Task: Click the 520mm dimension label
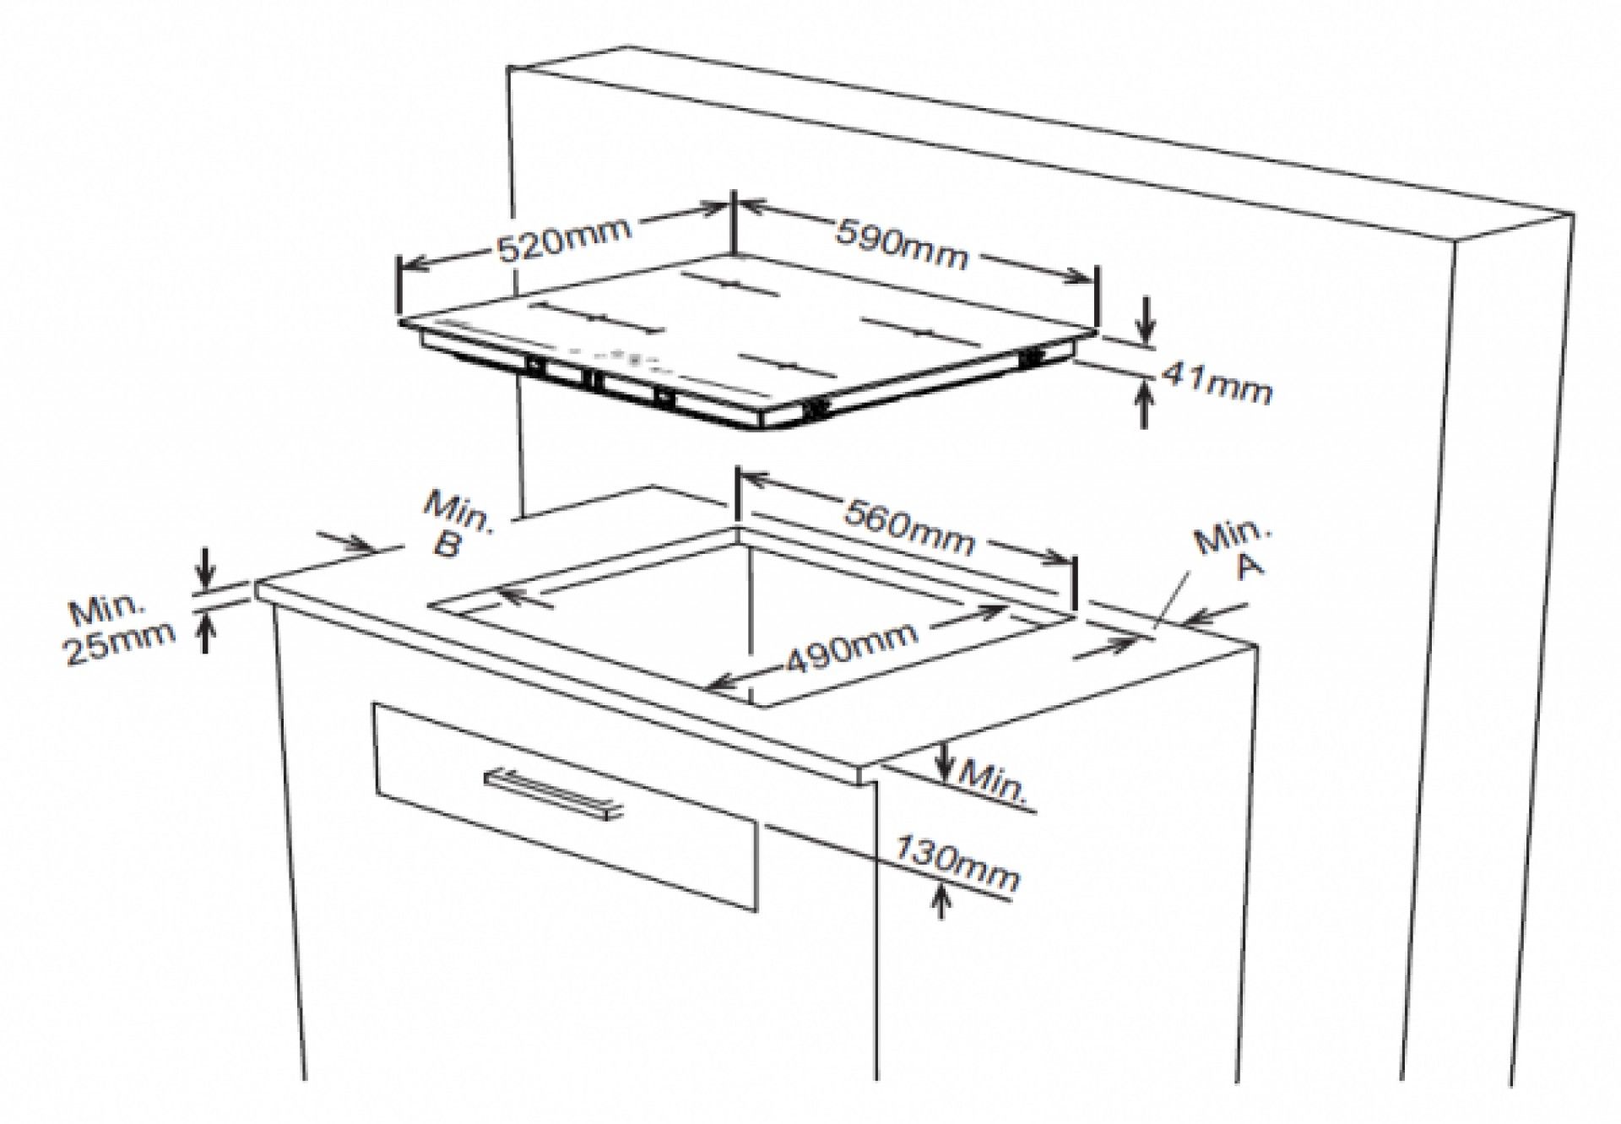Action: [x=564, y=239]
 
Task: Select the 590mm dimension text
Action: [x=902, y=243]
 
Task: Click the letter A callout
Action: [x=1250, y=564]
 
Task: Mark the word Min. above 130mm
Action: [x=996, y=781]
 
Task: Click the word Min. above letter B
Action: [x=458, y=512]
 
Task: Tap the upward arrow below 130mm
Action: [x=942, y=899]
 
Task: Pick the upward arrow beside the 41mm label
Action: [x=1144, y=404]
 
